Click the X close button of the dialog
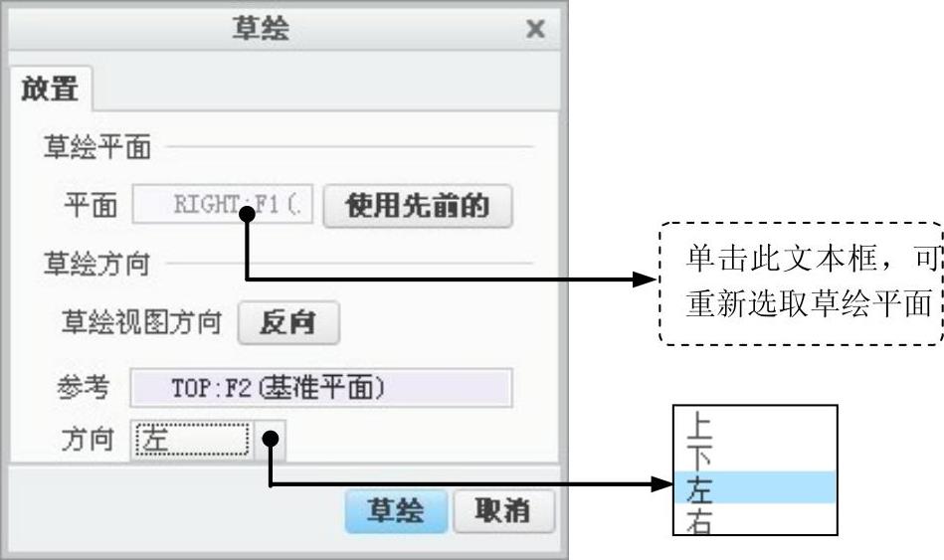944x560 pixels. [535, 29]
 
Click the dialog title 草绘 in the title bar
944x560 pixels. [261, 29]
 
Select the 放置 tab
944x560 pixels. [50, 89]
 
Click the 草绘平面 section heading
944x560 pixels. [96, 148]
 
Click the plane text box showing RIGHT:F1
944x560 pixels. [226, 206]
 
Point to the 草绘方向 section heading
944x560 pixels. [96, 264]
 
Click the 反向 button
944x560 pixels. [288, 323]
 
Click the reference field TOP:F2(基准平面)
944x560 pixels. [320, 388]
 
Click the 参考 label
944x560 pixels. [83, 388]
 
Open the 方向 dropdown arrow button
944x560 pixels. [270, 440]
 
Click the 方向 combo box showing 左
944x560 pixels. [191, 440]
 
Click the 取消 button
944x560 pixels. [502, 511]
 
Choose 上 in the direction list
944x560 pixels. [700, 425]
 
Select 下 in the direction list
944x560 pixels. [700, 457]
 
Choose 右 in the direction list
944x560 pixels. [700, 520]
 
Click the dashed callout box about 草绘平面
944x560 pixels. [801, 283]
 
